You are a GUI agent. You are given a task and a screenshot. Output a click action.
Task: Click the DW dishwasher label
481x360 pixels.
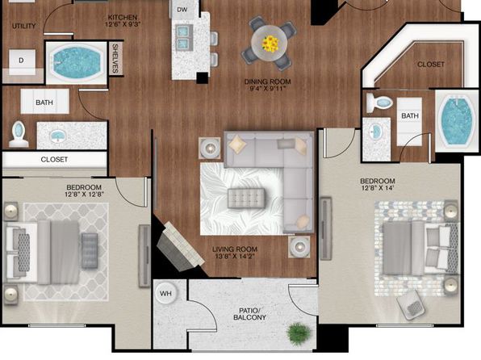point(182,10)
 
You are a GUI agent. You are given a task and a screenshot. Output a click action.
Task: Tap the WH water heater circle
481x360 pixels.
point(165,293)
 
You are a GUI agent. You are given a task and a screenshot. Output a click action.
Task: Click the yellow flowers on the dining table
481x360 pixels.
point(270,44)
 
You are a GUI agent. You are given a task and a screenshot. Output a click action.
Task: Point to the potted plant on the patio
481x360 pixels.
point(298,333)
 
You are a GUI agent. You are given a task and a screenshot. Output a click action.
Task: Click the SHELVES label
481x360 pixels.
point(115,58)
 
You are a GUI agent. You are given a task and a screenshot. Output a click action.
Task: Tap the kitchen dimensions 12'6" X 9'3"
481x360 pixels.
point(123,24)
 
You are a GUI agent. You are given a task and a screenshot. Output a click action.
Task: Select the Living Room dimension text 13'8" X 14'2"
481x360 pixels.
point(235,256)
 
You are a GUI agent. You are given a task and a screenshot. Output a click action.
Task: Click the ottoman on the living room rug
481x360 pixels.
point(246,199)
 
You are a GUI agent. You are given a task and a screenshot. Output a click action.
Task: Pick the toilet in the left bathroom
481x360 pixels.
point(19,134)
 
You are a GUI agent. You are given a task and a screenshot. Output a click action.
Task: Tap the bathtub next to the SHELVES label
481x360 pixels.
point(77,62)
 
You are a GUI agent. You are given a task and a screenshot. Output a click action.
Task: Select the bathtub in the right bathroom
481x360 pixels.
point(457,120)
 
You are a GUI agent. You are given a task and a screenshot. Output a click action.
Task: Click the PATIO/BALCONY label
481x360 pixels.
point(249,314)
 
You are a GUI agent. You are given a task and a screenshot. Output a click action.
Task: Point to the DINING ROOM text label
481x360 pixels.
point(267,82)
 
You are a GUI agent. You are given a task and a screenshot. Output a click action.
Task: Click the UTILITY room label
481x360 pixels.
point(24,26)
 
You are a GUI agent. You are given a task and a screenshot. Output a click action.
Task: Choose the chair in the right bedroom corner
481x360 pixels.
point(411,305)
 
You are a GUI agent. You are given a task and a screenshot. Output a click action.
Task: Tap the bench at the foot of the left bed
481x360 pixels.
point(90,251)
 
